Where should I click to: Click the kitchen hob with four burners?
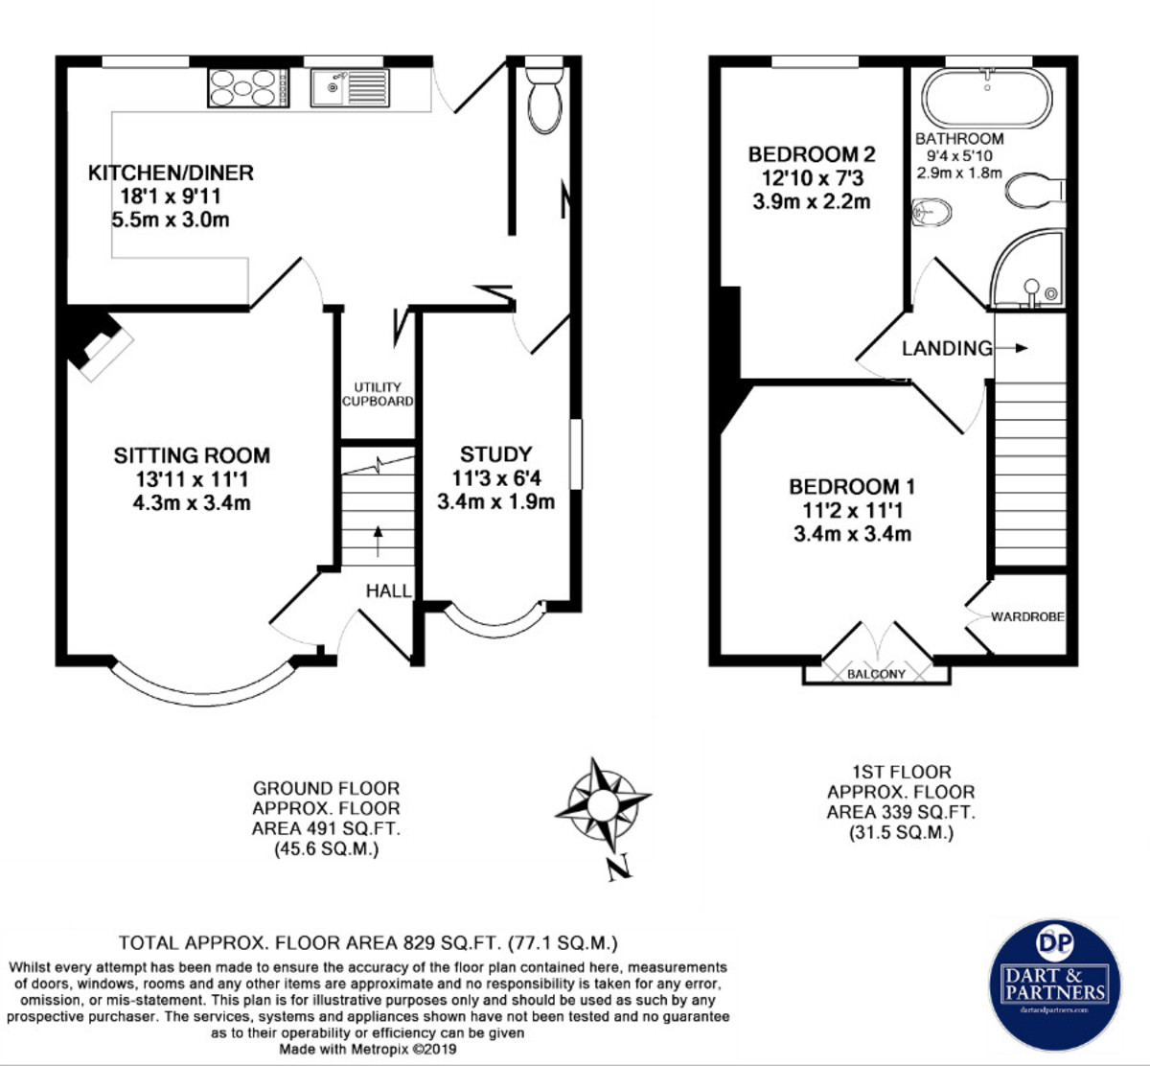[248, 87]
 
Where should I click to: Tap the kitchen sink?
[349, 87]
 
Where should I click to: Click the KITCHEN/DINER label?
[171, 173]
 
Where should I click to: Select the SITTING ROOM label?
[192, 455]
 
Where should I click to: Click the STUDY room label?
[495, 454]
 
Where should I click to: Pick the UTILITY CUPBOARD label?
[378, 394]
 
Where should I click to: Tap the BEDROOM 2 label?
[812, 154]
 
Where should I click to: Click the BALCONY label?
[876, 674]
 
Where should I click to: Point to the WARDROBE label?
[1027, 616]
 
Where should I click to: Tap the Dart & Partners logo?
[1054, 985]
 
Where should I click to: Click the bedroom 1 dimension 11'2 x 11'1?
[852, 511]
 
